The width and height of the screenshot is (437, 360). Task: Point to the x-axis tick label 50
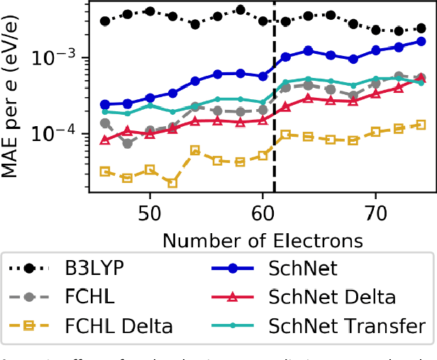(150, 213)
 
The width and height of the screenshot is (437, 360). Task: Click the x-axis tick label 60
(262, 213)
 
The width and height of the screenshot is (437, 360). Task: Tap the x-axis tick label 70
(375, 213)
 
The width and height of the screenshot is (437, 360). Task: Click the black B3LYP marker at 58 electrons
(240, 10)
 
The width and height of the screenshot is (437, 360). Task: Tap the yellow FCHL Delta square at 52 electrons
(172, 183)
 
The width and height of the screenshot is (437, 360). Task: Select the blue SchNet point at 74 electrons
(421, 41)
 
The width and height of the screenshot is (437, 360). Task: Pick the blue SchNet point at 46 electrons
(105, 104)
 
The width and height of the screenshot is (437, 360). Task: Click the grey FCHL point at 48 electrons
(127, 144)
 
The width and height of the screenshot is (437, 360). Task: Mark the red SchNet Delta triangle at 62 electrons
(285, 106)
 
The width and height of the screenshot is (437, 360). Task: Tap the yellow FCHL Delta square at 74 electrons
(421, 125)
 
